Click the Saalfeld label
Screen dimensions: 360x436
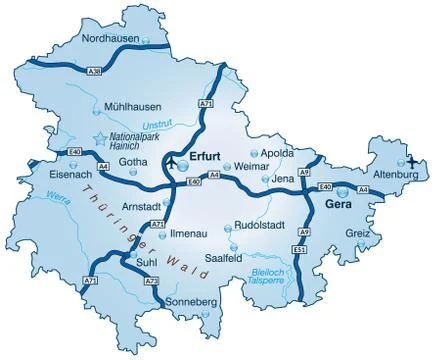pyautogui.click(x=224, y=258)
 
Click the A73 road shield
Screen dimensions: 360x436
pyautogui.click(x=152, y=282)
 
